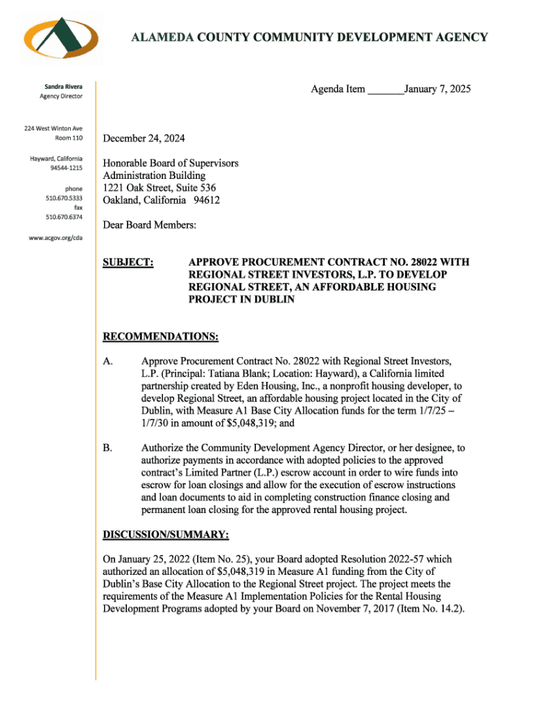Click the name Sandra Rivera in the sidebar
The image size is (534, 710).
[64, 86]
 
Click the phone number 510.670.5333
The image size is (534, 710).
[64, 198]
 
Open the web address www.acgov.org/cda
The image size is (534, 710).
[61, 236]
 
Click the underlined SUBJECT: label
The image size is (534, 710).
[128, 263]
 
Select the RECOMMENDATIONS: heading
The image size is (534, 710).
[161, 337]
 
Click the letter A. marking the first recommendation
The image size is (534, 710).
[108, 361]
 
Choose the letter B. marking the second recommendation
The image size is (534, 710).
[107, 448]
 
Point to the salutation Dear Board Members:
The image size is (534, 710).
[150, 225]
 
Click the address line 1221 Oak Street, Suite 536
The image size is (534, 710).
[160, 188]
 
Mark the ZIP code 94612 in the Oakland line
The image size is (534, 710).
[206, 200]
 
